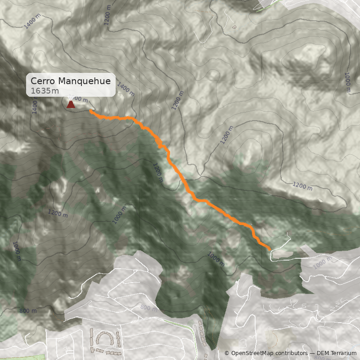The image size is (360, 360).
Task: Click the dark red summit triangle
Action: (x=71, y=104)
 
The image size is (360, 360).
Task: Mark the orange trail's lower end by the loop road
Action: (x=269, y=248)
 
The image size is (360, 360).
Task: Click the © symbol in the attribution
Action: (x=227, y=353)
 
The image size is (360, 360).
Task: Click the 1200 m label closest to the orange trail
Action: (x=157, y=173)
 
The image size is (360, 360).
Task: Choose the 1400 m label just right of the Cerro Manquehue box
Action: (x=126, y=90)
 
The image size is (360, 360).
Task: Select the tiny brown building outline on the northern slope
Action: (x=234, y=27)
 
